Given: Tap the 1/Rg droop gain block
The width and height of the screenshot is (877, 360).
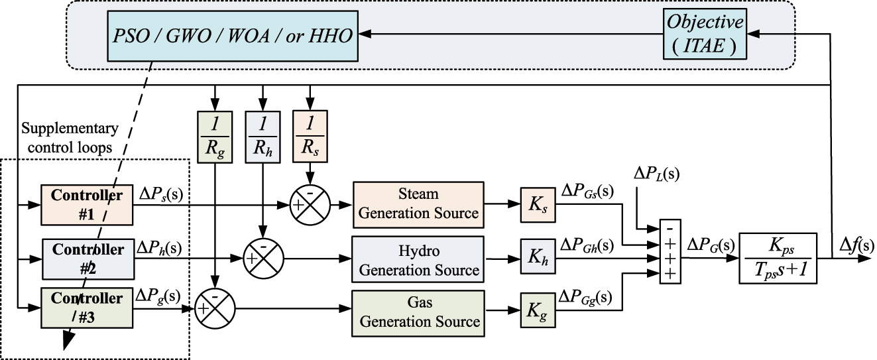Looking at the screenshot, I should pyautogui.click(x=215, y=135).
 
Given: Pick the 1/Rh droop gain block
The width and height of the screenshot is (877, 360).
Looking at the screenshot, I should pyautogui.click(x=263, y=135).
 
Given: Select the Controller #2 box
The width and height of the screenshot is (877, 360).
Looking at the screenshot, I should pyautogui.click(x=87, y=257).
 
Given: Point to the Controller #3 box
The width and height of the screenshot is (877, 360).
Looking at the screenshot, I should pyautogui.click(x=87, y=306).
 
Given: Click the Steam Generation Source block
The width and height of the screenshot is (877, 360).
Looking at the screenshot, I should pyautogui.click(x=418, y=204).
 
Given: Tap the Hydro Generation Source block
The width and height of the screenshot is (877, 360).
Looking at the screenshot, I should pyautogui.click(x=418, y=261).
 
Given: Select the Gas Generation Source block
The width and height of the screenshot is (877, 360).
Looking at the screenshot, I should pyautogui.click(x=418, y=312).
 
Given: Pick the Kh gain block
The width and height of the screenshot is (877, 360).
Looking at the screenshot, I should pyautogui.click(x=538, y=261).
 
